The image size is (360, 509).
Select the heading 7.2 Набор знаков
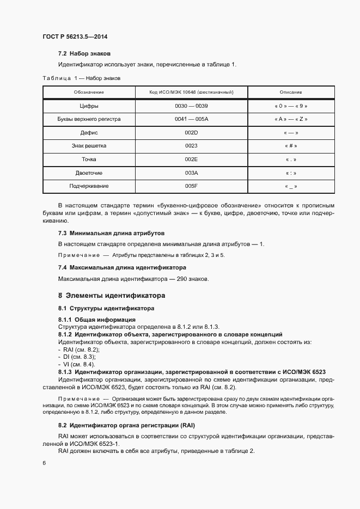pos(84,54)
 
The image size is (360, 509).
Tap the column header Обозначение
pos(89,93)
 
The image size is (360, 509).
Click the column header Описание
pos(291,93)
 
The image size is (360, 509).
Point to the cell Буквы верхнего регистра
pos(89,119)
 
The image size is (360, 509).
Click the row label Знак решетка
pos(89,146)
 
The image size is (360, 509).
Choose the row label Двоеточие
pos(89,173)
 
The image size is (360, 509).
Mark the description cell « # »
pos(291,146)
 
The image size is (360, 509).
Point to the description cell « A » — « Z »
pos(291,119)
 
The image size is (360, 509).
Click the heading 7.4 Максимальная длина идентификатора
pos(122,267)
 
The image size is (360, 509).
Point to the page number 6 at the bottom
pos(44,463)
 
